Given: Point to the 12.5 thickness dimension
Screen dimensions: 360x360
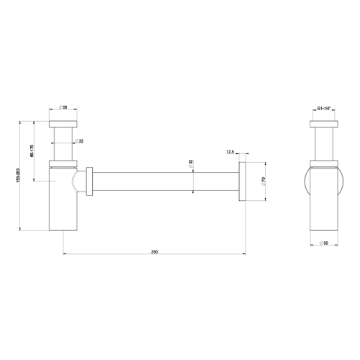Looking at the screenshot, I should [230, 153].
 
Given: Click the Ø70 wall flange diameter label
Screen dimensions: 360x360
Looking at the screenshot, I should [264, 184].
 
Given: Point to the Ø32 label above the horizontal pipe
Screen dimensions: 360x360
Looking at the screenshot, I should [192, 164].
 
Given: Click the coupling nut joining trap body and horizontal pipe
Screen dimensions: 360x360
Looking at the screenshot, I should [89, 181].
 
